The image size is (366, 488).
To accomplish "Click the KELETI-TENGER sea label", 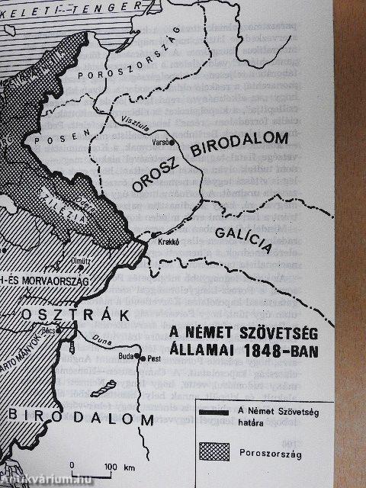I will [x=60, y=5].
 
